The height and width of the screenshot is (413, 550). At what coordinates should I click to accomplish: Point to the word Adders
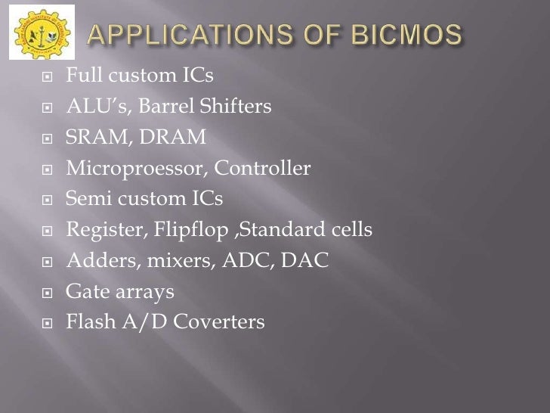tap(91, 261)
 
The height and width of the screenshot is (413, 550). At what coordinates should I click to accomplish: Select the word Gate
tap(84, 292)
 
